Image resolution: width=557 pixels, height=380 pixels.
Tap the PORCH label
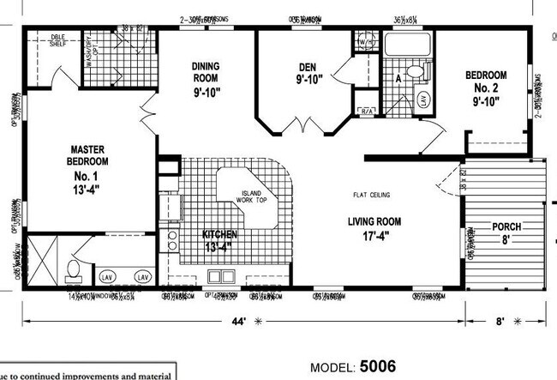point(506,233)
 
